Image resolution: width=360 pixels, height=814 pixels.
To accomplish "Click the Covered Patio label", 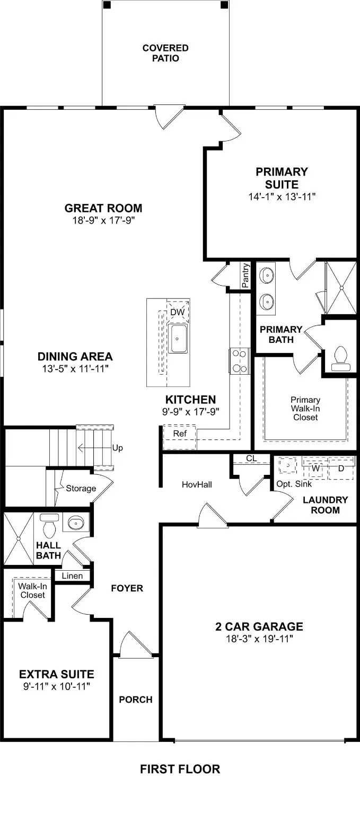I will [x=165, y=53].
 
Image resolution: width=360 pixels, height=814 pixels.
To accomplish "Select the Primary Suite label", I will [x=282, y=178].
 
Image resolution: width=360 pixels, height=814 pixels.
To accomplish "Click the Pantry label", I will [x=245, y=276].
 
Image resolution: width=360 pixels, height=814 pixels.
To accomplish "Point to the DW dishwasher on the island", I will [x=177, y=313].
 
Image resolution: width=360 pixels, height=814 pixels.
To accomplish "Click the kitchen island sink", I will [x=179, y=339].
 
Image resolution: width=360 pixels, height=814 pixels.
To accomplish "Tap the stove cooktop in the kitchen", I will [x=239, y=361].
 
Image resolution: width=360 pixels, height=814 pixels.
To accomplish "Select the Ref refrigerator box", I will [x=180, y=433].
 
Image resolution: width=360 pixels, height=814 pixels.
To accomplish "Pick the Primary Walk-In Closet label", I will [x=305, y=409].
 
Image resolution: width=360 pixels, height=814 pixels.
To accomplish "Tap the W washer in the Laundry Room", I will [x=315, y=468].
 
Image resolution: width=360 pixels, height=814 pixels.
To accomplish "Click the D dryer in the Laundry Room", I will [x=340, y=468].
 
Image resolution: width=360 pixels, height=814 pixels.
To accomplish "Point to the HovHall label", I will [x=197, y=484].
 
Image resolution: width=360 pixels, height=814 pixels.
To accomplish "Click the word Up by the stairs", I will [x=117, y=448].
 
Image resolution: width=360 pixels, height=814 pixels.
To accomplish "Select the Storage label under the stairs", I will [x=81, y=488].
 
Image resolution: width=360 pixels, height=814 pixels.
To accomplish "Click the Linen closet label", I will [x=72, y=576].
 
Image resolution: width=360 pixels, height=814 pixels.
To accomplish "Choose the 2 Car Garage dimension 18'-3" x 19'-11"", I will [x=259, y=639].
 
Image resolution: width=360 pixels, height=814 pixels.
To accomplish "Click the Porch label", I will [x=135, y=700].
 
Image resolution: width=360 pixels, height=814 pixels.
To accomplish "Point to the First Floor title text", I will [x=180, y=768].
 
